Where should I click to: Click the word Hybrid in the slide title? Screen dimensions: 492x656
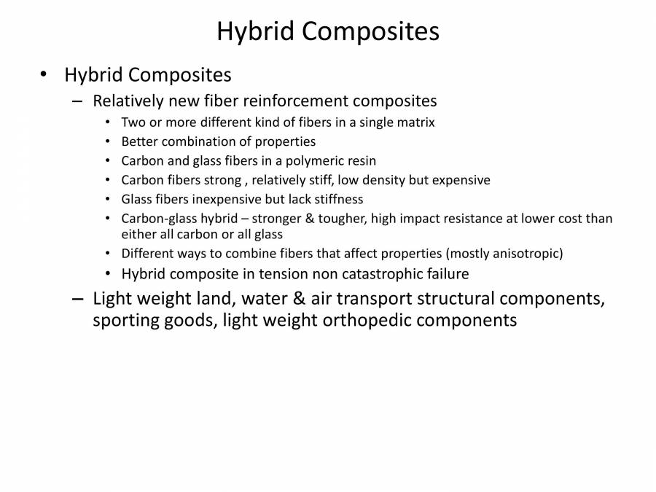coord(255,31)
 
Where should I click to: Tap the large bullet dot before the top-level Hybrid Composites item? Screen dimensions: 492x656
coord(44,74)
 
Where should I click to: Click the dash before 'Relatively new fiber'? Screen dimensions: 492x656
coord(78,101)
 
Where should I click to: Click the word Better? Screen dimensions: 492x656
coord(140,141)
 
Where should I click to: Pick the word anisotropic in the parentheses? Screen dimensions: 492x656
coord(523,254)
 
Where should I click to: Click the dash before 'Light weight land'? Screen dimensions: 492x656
coord(78,299)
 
